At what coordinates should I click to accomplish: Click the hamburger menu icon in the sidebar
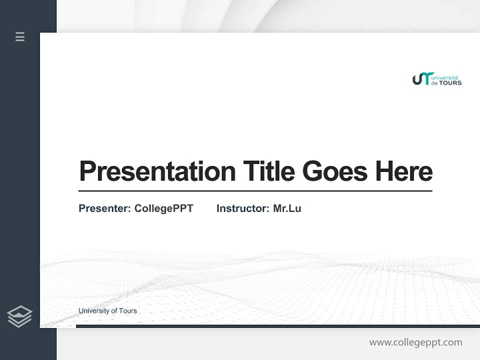coord(20,36)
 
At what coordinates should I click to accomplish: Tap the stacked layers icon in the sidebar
coord(19,316)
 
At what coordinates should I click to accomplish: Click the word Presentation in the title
coord(157,172)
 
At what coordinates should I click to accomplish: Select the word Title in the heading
coord(269,171)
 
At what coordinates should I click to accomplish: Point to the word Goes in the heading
coord(334,171)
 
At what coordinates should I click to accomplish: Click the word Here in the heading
coord(404,171)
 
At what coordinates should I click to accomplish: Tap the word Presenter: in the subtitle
coord(104,208)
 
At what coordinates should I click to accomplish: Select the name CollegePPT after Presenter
coord(163,208)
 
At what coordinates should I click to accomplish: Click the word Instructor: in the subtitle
coord(242,208)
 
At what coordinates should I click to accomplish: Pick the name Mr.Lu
coord(287,208)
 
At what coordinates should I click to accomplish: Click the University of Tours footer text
coord(107,311)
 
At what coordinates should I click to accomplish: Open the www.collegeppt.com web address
coord(415,342)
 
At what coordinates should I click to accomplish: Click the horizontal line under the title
coord(255,190)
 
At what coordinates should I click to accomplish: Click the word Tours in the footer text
coord(128,311)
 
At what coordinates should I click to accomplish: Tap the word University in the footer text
coord(92,311)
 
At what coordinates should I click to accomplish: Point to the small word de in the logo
coord(434,83)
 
